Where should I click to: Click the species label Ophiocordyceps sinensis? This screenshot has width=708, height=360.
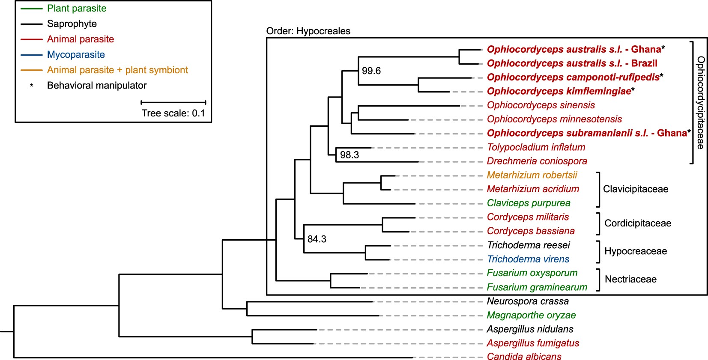541,105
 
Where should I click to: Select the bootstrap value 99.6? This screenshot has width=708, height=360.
371,71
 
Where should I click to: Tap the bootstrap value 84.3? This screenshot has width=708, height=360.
317,239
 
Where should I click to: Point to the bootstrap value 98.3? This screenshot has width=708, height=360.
349,155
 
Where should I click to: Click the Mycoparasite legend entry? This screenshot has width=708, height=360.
76,55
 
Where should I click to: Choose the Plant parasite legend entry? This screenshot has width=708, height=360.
77,9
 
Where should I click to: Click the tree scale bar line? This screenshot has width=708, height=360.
173,102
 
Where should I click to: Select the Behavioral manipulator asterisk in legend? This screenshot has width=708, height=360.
31,86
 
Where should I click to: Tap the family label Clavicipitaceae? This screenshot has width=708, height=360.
635,189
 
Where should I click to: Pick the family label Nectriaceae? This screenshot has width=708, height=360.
630,280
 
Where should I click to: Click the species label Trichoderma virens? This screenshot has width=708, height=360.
528,259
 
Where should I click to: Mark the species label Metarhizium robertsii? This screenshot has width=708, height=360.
532,175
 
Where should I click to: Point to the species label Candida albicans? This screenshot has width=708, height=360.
524,357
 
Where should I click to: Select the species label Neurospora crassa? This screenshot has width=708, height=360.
527,301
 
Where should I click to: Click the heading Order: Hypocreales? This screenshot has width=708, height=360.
308,31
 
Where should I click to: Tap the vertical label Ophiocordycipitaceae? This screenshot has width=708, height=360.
700,103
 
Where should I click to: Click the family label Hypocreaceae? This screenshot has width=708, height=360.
635,251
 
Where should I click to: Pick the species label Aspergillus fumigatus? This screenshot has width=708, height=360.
532,343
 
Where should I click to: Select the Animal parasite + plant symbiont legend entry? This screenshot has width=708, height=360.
117,70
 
